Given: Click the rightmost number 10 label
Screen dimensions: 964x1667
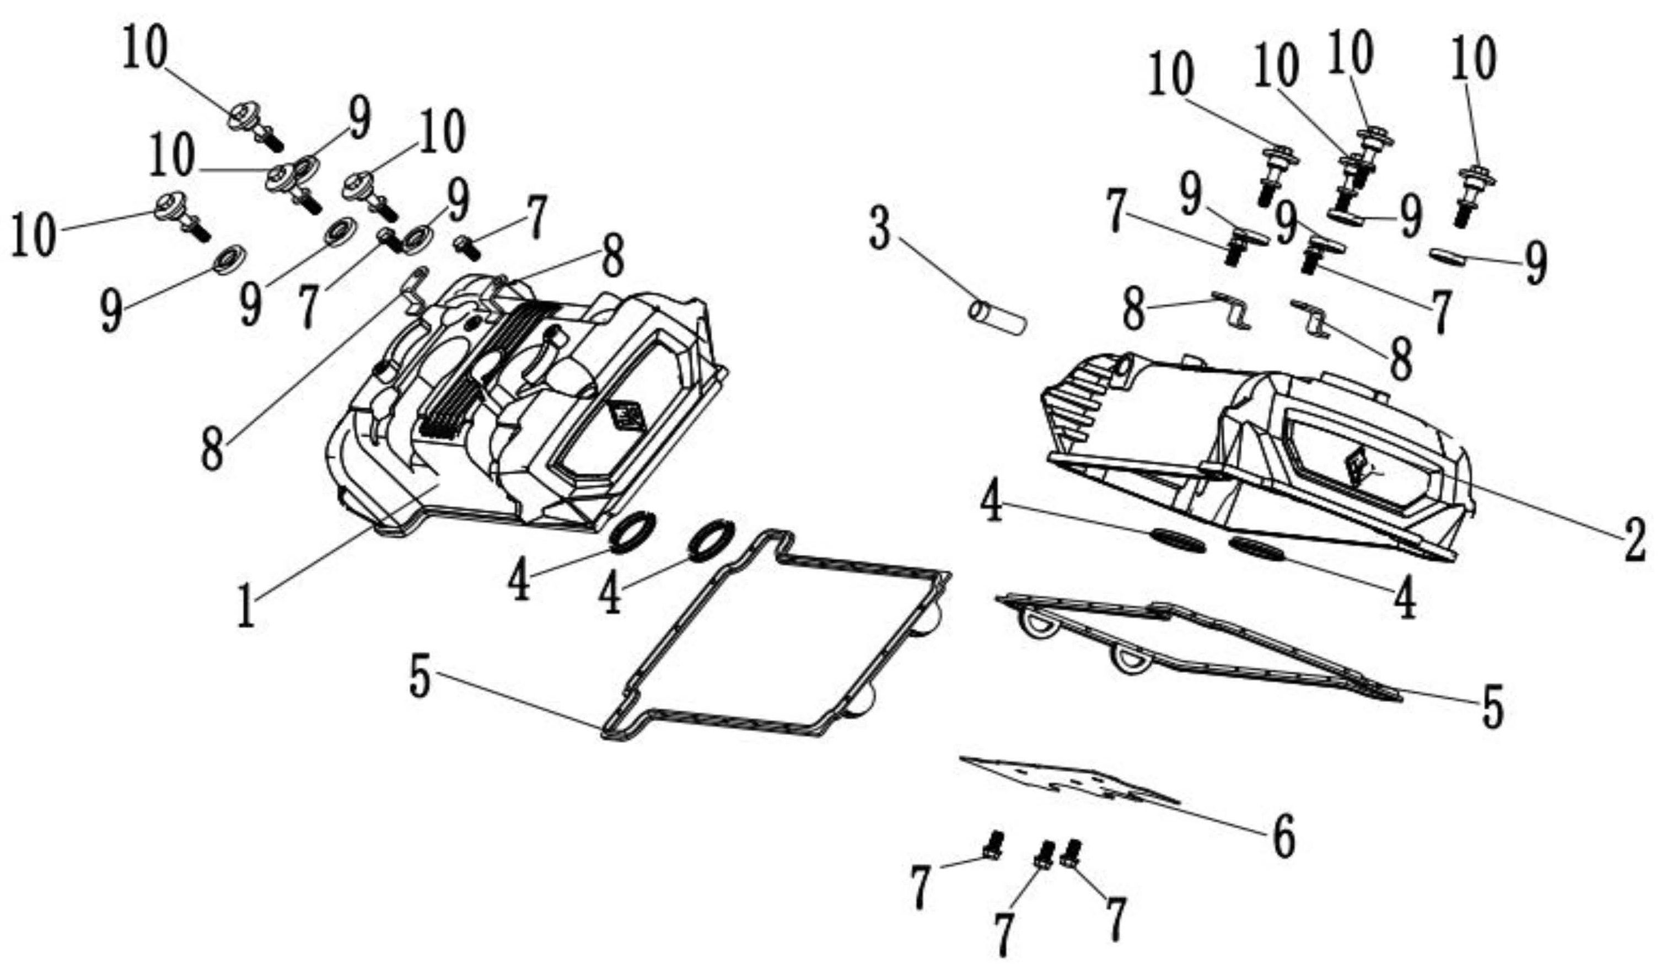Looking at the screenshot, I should point(1475,59).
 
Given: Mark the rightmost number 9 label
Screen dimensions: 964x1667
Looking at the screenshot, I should point(1536,262).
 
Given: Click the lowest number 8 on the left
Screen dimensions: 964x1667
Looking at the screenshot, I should point(212,448).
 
